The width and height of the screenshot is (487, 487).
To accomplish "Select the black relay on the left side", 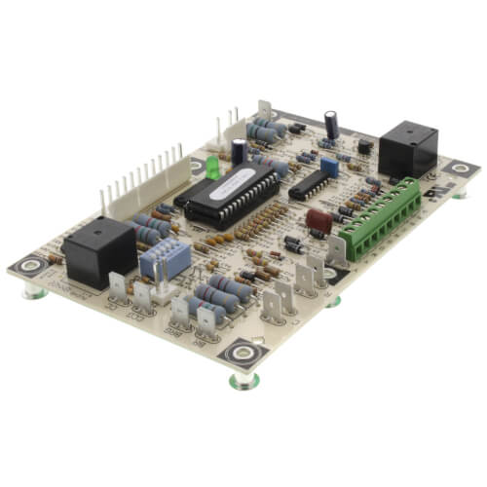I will point(98,250).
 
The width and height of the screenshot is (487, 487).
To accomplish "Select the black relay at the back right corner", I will point(407,149).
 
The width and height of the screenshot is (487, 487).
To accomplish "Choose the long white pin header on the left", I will point(141,181).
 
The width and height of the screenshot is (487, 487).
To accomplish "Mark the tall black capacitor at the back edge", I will point(332,123).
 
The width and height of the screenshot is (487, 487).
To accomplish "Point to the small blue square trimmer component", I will point(329,167).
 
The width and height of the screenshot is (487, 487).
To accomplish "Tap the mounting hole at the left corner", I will point(28,265).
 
